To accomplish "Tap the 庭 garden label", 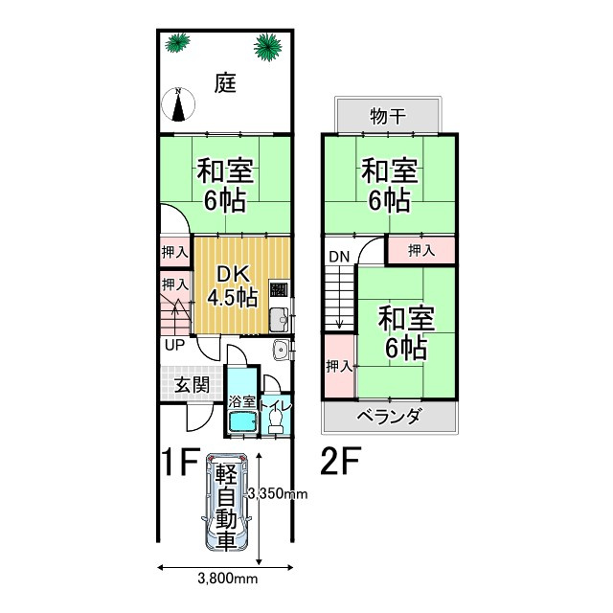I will [225, 83].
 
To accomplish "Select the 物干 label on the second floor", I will [388, 118].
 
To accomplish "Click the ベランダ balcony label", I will [389, 416].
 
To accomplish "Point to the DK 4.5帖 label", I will [233, 284].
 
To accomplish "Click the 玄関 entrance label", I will [192, 386].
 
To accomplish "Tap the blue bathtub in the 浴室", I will [240, 421].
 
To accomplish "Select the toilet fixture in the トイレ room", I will [276, 416].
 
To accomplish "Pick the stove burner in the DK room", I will [279, 290].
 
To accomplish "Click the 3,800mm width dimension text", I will [227, 579].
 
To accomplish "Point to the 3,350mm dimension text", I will [277, 494].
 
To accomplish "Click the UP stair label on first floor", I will [174, 345].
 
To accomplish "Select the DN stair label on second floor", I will [339, 257].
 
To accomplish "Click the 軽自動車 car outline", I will [226, 505].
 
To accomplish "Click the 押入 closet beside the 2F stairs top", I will [420, 251].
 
